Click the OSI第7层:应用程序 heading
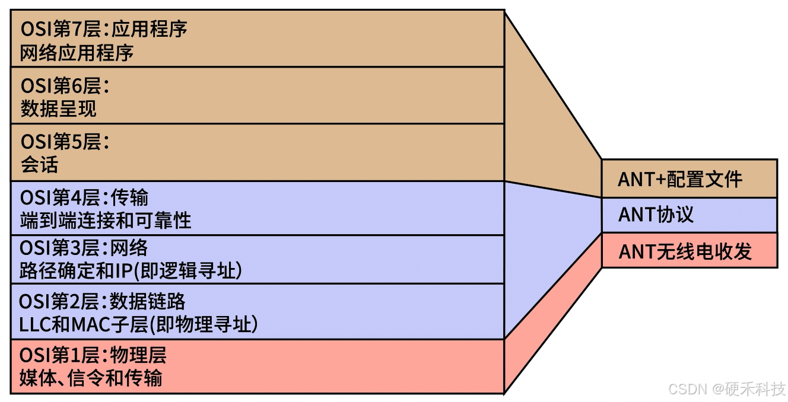(x=104, y=29)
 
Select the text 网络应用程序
(x=77, y=53)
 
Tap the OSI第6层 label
(x=65, y=85)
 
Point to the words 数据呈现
(x=58, y=109)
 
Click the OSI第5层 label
(x=65, y=141)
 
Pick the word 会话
(x=39, y=165)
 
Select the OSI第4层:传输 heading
(x=84, y=197)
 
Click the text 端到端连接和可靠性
(x=106, y=221)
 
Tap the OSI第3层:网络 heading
(x=84, y=247)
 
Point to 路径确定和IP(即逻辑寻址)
(x=131, y=271)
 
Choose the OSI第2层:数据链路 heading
(x=102, y=301)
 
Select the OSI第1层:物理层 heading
(x=93, y=355)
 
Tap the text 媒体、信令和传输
(x=91, y=378)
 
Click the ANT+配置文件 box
(x=689, y=178)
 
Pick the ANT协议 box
(x=689, y=215)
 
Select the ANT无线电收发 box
(x=689, y=251)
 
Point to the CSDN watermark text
(x=688, y=389)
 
